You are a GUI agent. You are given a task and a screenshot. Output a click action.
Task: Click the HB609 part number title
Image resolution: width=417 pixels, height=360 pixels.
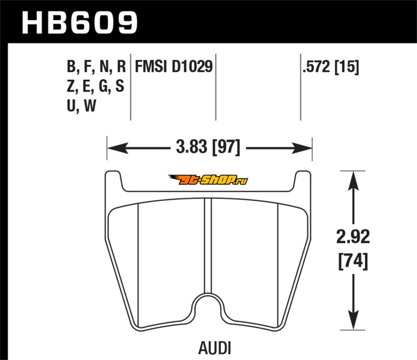(x=79, y=22)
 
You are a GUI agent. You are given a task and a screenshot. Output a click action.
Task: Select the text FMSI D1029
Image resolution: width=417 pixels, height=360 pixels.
(x=174, y=66)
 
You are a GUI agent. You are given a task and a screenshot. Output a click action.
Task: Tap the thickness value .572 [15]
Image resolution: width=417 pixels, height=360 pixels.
(x=330, y=67)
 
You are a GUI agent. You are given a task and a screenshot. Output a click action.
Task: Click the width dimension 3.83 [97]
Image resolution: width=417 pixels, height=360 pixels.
(x=208, y=147)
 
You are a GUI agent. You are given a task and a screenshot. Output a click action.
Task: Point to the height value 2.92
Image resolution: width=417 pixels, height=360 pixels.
(x=353, y=237)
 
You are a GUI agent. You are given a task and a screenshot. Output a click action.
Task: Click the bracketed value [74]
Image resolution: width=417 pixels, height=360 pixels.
(x=353, y=262)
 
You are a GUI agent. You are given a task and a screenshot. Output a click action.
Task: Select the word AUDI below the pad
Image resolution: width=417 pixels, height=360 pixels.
(x=214, y=348)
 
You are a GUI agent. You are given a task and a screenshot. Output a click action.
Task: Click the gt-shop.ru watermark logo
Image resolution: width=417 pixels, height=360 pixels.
(x=208, y=180)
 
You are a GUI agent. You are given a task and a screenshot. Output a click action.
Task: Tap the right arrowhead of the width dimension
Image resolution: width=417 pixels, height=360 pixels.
(x=302, y=148)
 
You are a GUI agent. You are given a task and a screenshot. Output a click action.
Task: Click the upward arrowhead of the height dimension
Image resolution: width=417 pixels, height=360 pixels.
(x=353, y=181)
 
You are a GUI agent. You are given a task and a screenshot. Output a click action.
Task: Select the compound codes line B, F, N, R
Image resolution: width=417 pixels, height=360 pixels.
(x=96, y=67)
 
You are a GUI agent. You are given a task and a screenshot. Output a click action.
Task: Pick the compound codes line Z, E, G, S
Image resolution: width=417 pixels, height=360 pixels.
(x=95, y=86)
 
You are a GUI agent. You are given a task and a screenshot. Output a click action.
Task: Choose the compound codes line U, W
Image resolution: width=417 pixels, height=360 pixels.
(x=81, y=106)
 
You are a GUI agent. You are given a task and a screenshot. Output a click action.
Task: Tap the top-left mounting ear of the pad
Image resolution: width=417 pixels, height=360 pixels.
(x=114, y=179)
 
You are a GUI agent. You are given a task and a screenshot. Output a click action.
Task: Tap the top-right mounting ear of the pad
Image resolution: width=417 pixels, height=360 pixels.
(x=303, y=179)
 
